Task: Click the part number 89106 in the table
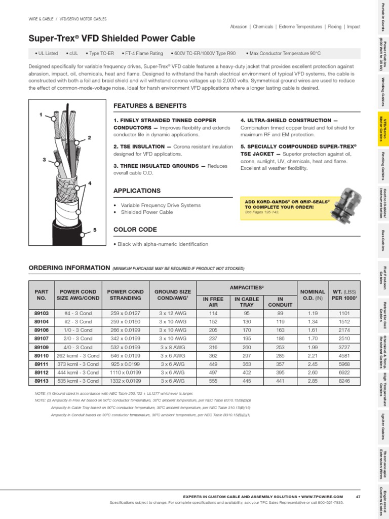click(41, 329)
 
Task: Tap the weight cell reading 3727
click(342, 347)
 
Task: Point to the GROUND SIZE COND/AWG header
click(173, 295)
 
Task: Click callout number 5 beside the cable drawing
click(94, 230)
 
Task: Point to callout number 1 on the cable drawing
click(41, 115)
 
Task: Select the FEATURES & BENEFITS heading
click(150, 106)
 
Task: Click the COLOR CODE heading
click(135, 230)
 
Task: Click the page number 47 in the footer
click(358, 496)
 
